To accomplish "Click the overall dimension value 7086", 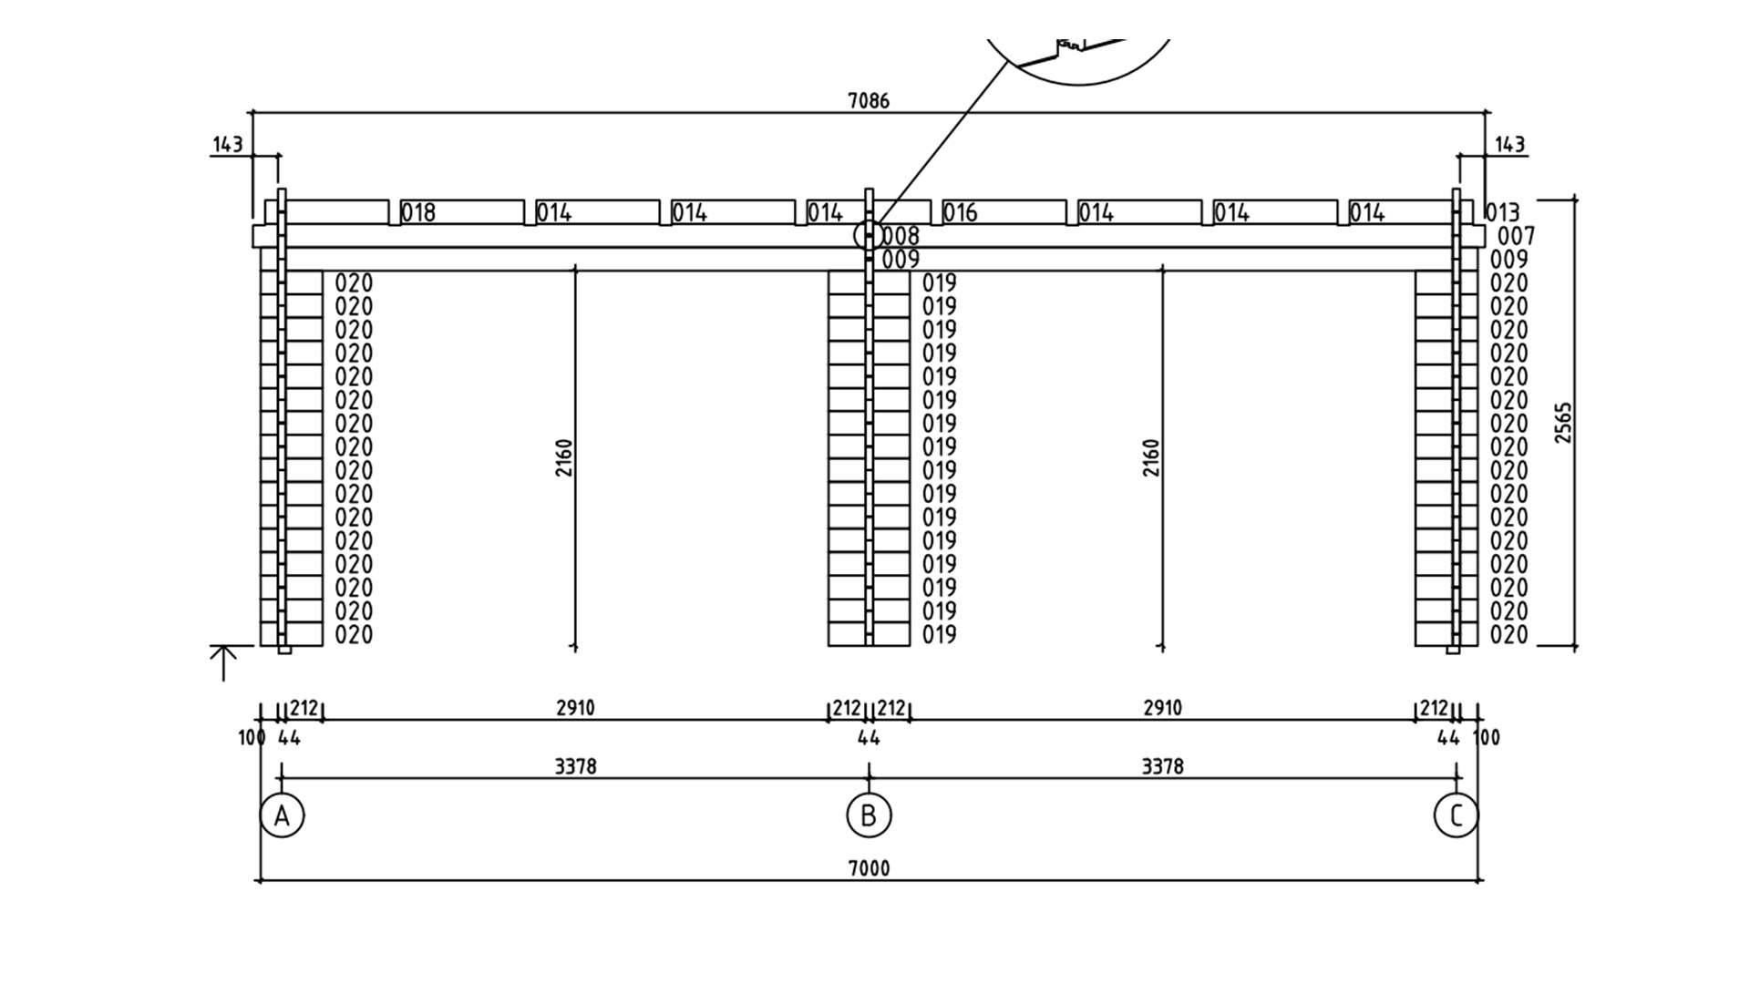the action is (x=869, y=100).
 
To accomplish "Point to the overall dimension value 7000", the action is (x=869, y=868).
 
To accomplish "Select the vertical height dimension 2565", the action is (x=1563, y=423).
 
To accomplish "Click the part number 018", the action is (x=418, y=213).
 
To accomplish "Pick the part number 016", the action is (x=960, y=213).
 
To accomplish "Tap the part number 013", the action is (x=1502, y=213).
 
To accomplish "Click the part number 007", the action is (x=1517, y=237).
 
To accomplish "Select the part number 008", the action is (x=901, y=236).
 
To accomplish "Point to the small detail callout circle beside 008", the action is (x=854, y=236).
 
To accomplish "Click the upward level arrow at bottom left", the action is (x=223, y=663).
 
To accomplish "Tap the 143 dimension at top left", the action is (x=228, y=144).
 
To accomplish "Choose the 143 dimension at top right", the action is (x=1510, y=144).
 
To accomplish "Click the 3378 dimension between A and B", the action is (x=575, y=766).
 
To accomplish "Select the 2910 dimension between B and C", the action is (x=1162, y=708).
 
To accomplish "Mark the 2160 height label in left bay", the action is (x=564, y=457).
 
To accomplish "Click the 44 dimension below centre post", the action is (x=869, y=737).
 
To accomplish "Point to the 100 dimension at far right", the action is (x=1486, y=737).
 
